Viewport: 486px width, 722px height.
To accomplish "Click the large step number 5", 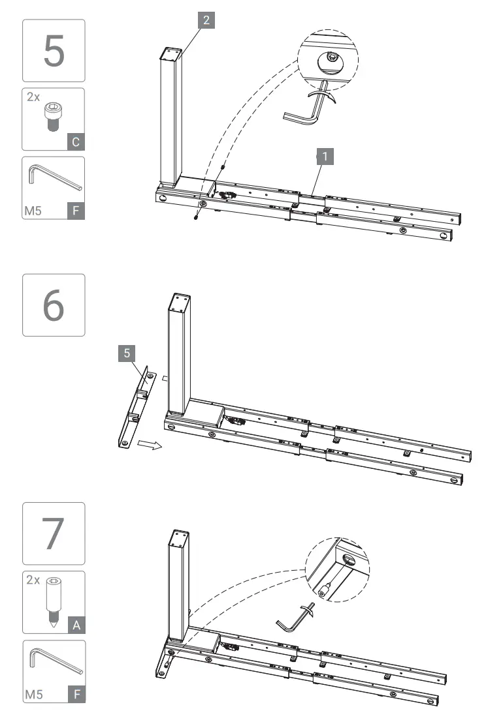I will [x=54, y=51].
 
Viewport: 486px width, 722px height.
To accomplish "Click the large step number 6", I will [x=54, y=305].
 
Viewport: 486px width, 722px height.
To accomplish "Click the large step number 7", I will [x=54, y=534].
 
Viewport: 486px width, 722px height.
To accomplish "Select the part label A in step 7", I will [x=76, y=625].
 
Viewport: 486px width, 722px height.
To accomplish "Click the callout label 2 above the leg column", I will [x=206, y=20].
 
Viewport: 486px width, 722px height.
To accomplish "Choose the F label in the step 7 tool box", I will [x=76, y=694].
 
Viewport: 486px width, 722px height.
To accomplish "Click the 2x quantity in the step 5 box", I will [x=33, y=97].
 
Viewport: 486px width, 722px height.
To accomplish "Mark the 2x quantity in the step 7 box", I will [x=33, y=580].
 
